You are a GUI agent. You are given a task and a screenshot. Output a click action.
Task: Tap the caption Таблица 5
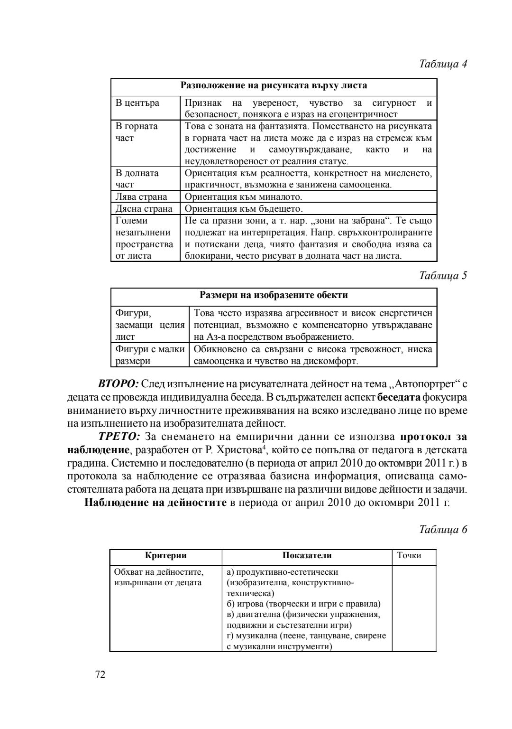[x=443, y=276]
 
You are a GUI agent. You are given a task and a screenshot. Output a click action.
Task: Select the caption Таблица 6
[x=443, y=530]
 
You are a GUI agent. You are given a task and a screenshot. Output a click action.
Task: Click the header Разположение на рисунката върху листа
[x=274, y=86]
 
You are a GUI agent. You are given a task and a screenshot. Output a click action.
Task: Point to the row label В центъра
[x=137, y=103]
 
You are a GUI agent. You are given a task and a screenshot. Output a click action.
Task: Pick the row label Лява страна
[x=141, y=196]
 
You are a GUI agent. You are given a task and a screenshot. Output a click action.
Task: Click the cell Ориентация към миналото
[x=243, y=196]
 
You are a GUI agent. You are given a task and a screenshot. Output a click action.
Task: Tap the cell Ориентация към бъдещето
[x=243, y=208]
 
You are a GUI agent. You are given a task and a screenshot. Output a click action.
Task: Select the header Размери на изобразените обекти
[x=274, y=295]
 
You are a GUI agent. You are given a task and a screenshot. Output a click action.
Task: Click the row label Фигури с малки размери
[x=150, y=355]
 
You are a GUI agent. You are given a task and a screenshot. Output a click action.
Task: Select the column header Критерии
[x=165, y=555]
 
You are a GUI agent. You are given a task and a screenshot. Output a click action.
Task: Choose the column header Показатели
[x=307, y=555]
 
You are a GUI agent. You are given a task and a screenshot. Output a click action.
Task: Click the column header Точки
[x=409, y=555]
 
